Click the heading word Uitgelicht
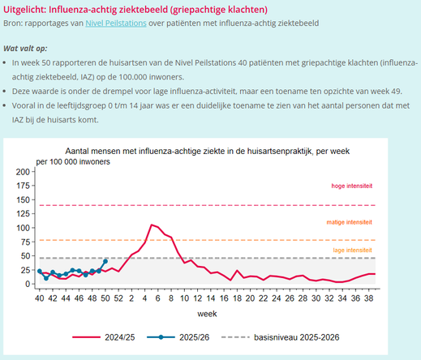coord(30,8)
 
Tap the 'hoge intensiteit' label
coord(351,186)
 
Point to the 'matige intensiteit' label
coord(350,221)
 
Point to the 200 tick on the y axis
coord(21,172)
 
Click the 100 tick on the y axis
coord(21,228)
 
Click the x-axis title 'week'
coord(207,312)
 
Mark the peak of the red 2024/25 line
coord(152,225)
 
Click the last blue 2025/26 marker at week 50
coord(105,261)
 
